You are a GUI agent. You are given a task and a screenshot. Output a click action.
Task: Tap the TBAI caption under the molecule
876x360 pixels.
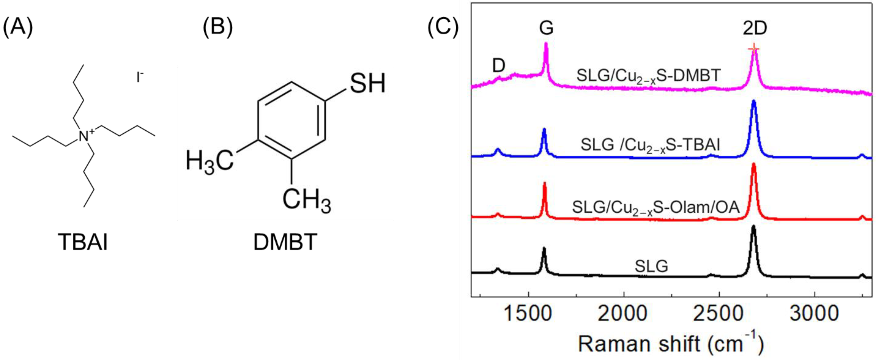pos(83,242)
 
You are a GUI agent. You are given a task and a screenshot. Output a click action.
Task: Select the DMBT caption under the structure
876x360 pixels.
pos(285,242)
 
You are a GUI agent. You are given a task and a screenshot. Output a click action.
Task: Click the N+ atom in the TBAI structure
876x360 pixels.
pos(85,136)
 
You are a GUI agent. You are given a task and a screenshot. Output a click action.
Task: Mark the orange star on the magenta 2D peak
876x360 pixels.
pos(754,49)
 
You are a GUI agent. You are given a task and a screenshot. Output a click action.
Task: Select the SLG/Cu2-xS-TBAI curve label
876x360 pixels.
pos(650,146)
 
